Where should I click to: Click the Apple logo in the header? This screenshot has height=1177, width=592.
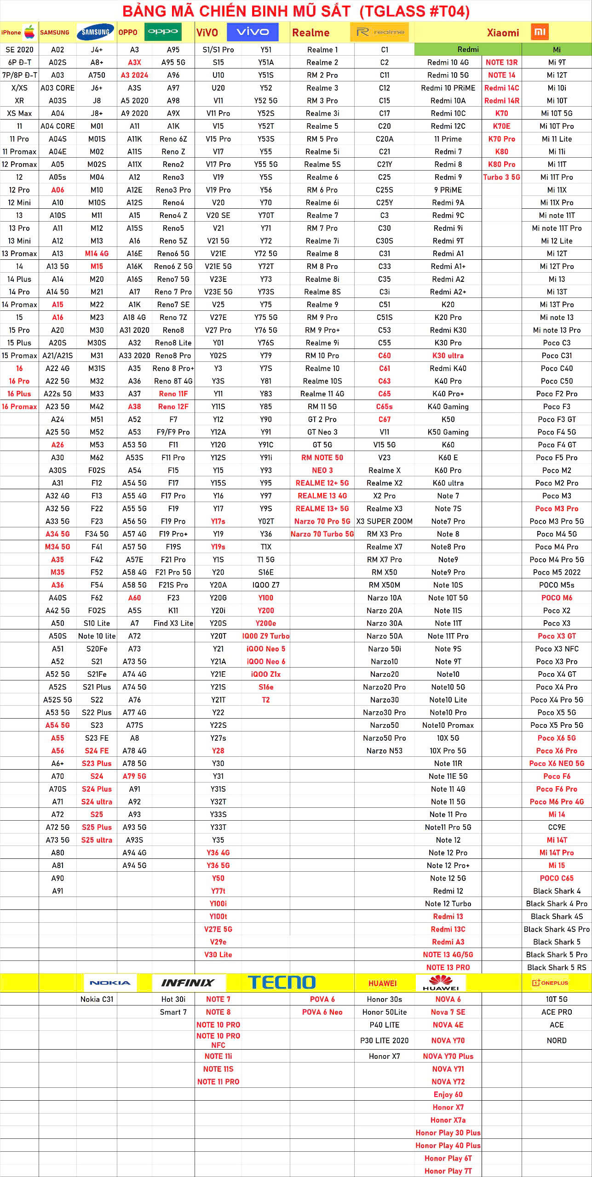29,32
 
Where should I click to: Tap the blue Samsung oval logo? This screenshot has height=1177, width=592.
96,32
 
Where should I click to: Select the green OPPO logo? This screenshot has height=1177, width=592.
163,32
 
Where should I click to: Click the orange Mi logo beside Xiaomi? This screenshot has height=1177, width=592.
540,32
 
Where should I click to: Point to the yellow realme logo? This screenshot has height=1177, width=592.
379,32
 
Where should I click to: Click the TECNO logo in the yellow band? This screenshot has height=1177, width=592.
282,983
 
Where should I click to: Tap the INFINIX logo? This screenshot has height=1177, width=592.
188,983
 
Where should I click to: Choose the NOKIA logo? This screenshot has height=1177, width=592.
110,983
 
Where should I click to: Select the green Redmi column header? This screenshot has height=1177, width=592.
468,50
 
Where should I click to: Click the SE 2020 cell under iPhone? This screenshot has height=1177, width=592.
19,50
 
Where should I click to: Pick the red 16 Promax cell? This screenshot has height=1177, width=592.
19,406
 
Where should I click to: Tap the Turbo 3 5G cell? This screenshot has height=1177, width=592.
501,177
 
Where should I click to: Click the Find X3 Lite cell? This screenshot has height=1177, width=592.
173,623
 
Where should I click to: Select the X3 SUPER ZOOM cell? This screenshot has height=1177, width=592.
384,521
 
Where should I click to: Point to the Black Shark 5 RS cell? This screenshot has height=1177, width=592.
557,967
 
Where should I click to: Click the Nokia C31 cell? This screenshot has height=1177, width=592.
97,1000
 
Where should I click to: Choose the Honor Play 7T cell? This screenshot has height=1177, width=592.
448,1171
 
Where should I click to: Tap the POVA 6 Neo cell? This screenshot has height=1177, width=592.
322,1012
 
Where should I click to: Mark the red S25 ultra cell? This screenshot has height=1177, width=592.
97,840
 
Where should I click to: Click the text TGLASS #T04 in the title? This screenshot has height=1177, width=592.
414,11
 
